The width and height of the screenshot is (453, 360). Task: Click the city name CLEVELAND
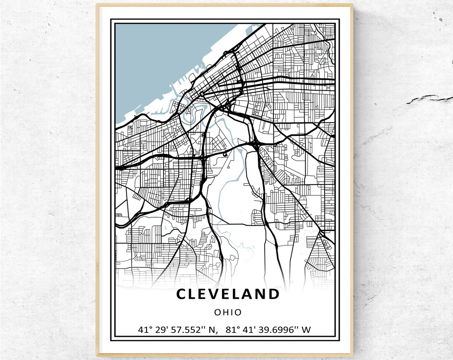coord(228,294)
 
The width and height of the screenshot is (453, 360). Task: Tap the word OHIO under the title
coord(228,312)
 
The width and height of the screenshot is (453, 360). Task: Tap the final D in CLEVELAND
coord(273,294)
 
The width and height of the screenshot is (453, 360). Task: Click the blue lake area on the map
coord(159,63)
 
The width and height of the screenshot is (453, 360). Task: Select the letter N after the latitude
coord(213,330)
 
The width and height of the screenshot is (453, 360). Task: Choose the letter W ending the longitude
coord(306,330)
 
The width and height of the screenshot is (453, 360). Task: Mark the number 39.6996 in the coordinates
coord(281,330)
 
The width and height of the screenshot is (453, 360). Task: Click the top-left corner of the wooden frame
coord(97,5)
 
